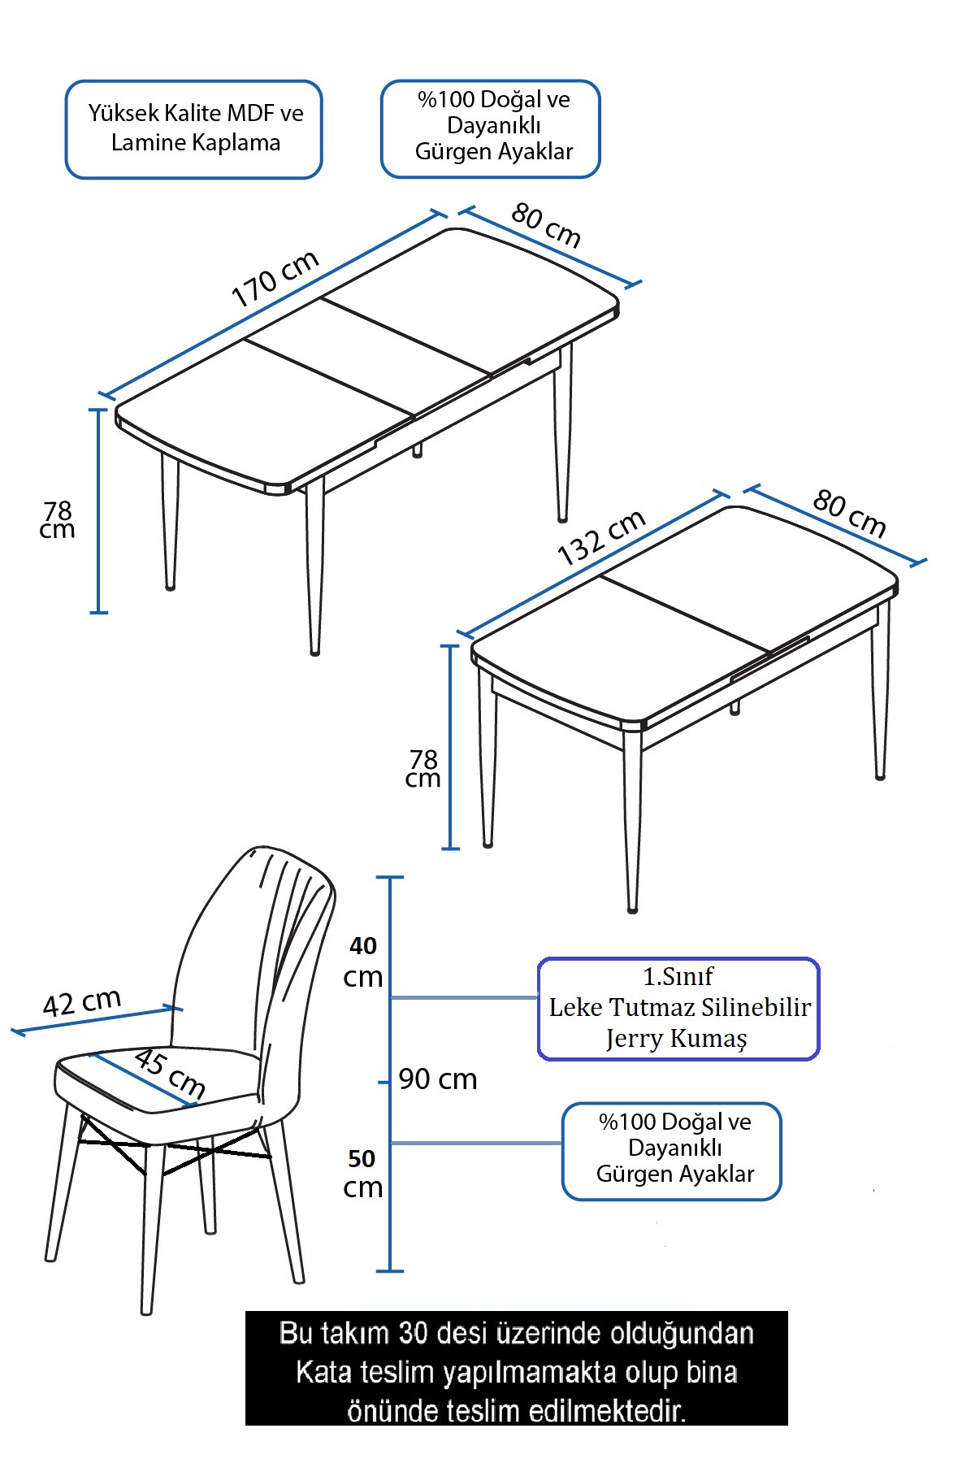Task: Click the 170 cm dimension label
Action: [x=275, y=279]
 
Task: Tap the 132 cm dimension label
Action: [x=601, y=537]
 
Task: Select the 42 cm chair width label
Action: [x=81, y=1002]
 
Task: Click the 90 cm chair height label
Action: [x=438, y=1079]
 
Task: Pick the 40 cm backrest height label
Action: [x=362, y=962]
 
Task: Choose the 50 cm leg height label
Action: [x=362, y=1174]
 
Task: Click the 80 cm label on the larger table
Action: [x=546, y=224]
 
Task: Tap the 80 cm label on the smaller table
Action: [x=849, y=514]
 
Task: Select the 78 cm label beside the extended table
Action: [x=58, y=520]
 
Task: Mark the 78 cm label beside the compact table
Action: [x=422, y=769]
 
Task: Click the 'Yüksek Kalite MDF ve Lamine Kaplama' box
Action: [x=194, y=128]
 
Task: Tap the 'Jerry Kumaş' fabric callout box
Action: [x=678, y=1008]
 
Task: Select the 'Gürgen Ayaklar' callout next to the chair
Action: [x=672, y=1150]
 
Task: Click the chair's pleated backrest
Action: [x=260, y=951]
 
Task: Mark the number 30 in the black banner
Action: [x=414, y=1334]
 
